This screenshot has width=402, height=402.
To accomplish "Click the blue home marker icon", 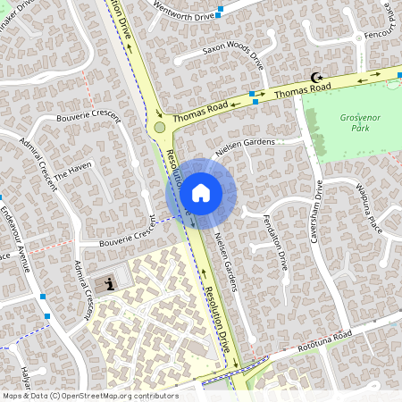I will coord(201,192).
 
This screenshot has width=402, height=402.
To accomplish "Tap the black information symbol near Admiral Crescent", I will coord(110,285).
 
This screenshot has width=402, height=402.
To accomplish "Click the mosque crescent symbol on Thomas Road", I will coord(314,78).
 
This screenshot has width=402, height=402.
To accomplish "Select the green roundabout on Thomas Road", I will coord(160,128).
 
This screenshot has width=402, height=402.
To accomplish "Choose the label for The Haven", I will coord(73,171).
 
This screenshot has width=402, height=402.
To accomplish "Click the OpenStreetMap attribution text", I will coord(89,396).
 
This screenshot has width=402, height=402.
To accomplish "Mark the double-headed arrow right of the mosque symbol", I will coord(365,79).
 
